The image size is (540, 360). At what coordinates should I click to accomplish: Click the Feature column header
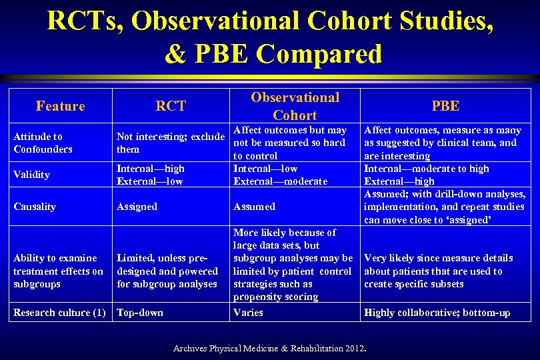(61, 106)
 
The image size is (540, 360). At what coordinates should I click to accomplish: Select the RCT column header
(171, 106)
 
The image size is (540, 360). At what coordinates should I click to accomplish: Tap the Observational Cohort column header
(295, 106)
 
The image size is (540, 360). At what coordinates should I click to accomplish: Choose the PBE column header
(445, 106)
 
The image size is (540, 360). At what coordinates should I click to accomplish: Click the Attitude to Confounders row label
(43, 143)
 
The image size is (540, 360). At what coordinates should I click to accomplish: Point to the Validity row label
(31, 175)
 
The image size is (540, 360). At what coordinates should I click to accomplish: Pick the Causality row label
(35, 207)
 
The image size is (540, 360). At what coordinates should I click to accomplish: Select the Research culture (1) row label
(59, 313)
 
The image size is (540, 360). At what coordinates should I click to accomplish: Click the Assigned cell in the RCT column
(137, 207)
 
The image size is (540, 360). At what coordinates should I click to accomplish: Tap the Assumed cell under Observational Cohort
(254, 207)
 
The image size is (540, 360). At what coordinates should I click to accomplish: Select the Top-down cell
(139, 313)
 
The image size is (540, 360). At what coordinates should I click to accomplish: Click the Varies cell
(248, 313)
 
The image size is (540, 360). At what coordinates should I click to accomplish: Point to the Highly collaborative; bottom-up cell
(437, 313)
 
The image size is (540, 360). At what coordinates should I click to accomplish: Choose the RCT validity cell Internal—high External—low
(150, 175)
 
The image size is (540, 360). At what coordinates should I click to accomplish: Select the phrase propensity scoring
(275, 297)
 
